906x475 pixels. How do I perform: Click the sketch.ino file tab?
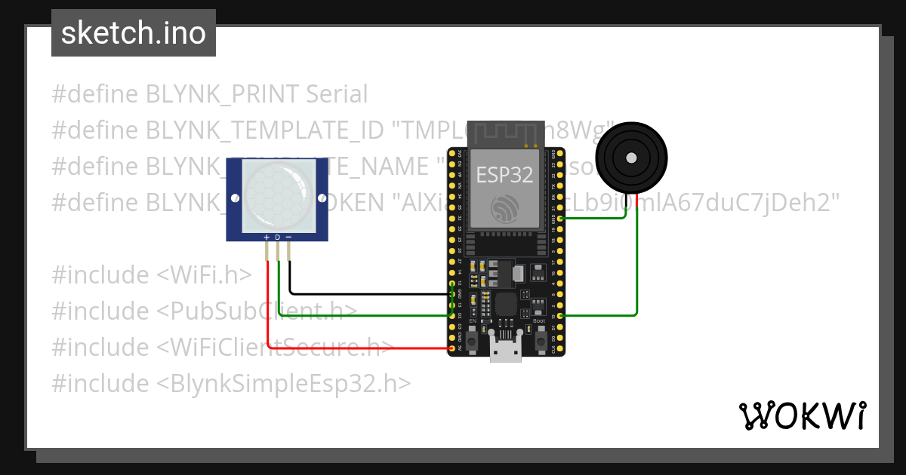pyautogui.click(x=134, y=33)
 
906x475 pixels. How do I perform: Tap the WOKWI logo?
pyautogui.click(x=802, y=415)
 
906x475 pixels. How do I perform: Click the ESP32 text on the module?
pyautogui.click(x=504, y=175)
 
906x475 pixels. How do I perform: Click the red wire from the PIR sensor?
pyautogui.click(x=355, y=348)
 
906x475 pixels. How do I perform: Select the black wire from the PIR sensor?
pyautogui.click(x=362, y=293)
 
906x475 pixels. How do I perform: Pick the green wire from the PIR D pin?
pyautogui.click(x=362, y=315)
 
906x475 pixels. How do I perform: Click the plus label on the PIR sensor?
pyautogui.click(x=267, y=237)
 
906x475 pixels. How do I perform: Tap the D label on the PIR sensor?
pyautogui.click(x=277, y=237)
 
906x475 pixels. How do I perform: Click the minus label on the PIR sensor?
pyautogui.click(x=288, y=237)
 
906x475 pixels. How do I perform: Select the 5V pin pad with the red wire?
pyautogui.click(x=452, y=348)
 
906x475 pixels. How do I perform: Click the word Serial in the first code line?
pyautogui.click(x=337, y=94)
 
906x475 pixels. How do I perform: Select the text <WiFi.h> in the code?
pyautogui.click(x=204, y=275)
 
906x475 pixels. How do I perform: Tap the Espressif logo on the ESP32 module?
pyautogui.click(x=504, y=209)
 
